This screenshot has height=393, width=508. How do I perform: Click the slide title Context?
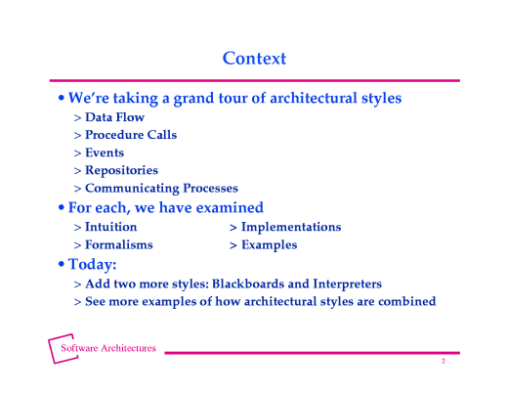click(x=254, y=59)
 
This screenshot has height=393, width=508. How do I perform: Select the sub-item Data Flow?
click(x=114, y=117)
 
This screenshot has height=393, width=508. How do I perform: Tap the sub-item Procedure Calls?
click(x=131, y=135)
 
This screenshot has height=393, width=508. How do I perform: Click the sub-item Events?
click(x=105, y=153)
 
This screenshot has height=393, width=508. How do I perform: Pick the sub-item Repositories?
click(x=121, y=170)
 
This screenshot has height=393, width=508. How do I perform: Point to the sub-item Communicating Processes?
click(x=161, y=188)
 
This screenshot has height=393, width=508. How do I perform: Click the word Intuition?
click(x=110, y=227)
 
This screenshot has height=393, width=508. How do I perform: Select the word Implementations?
click(x=291, y=227)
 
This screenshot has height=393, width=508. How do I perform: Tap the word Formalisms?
click(x=118, y=244)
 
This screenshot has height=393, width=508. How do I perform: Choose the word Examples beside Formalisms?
click(x=269, y=244)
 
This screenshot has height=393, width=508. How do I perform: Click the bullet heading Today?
click(x=94, y=265)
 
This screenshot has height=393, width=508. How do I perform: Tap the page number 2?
click(x=443, y=362)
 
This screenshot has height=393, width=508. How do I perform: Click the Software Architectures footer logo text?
click(x=108, y=348)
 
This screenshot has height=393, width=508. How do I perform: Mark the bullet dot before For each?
click(x=63, y=208)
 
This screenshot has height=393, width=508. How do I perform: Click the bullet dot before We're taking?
click(x=63, y=99)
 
